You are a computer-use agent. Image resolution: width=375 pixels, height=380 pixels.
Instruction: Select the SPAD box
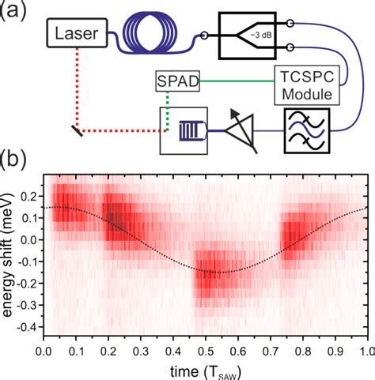[x=177, y=81]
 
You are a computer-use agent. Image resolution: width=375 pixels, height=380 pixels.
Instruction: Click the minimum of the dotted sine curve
[x=210, y=272]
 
